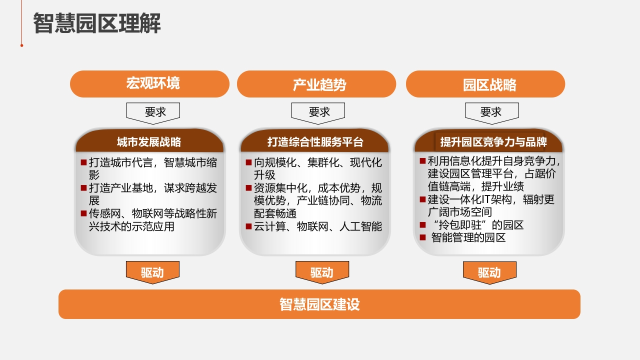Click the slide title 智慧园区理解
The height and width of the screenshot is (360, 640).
tap(97, 23)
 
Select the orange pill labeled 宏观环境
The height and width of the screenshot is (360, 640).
tap(149, 84)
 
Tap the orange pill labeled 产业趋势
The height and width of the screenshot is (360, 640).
tap(316, 84)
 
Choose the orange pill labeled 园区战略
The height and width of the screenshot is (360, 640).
tap(485, 84)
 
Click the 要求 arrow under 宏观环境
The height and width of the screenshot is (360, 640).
tap(153, 113)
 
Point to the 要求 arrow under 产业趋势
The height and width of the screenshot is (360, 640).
tap(318, 113)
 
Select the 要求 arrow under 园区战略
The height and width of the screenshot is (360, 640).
tap(492, 113)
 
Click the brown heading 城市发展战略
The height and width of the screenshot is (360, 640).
tap(149, 142)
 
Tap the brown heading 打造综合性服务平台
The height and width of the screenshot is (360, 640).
tap(315, 142)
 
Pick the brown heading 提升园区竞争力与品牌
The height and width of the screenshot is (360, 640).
tap(493, 142)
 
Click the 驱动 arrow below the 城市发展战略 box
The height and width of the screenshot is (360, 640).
tap(152, 272)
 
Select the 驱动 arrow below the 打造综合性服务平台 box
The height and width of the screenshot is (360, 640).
tap(322, 272)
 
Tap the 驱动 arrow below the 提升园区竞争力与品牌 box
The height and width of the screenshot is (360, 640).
tap(489, 272)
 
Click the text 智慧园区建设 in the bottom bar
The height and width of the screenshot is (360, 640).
tap(319, 304)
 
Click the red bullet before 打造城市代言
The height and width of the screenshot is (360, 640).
tap(83, 162)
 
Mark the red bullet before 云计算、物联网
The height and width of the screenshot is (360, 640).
tap(248, 226)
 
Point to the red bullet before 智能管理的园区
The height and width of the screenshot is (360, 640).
tap(423, 237)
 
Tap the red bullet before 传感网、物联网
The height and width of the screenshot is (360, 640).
tap(83, 213)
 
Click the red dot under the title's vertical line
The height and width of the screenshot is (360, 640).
tap(21, 45)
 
